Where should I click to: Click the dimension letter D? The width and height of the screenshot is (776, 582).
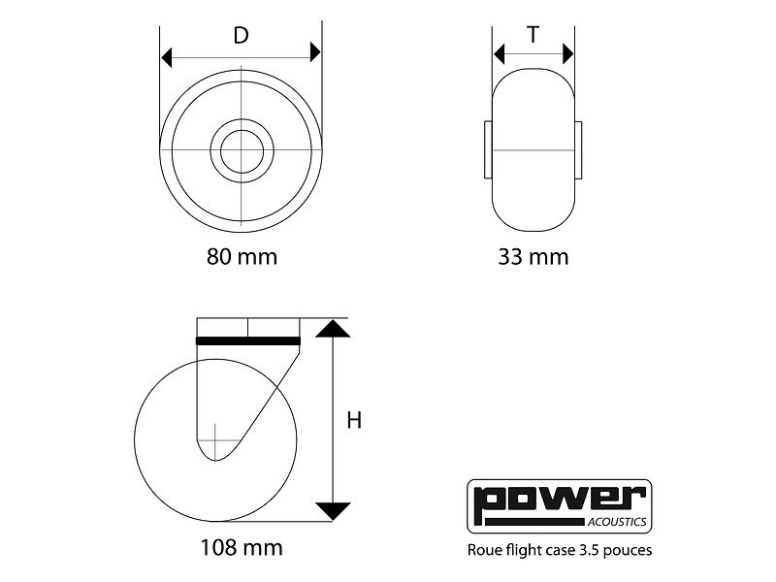point(242,36)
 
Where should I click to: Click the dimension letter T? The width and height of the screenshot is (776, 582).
point(533,36)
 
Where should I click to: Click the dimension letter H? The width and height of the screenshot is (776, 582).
point(354,421)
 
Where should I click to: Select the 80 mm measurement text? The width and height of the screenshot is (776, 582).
point(242,257)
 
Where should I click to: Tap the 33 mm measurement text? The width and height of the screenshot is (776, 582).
point(533,257)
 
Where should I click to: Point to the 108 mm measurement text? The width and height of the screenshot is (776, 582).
point(242,548)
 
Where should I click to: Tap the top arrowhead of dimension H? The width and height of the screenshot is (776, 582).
point(333,330)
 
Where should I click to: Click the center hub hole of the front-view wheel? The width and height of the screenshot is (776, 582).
point(240,150)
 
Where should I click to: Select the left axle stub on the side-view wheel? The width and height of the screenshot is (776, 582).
point(487,150)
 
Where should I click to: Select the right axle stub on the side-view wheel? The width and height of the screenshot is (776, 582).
point(579,150)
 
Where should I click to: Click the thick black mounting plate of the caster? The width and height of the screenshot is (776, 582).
point(248,340)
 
